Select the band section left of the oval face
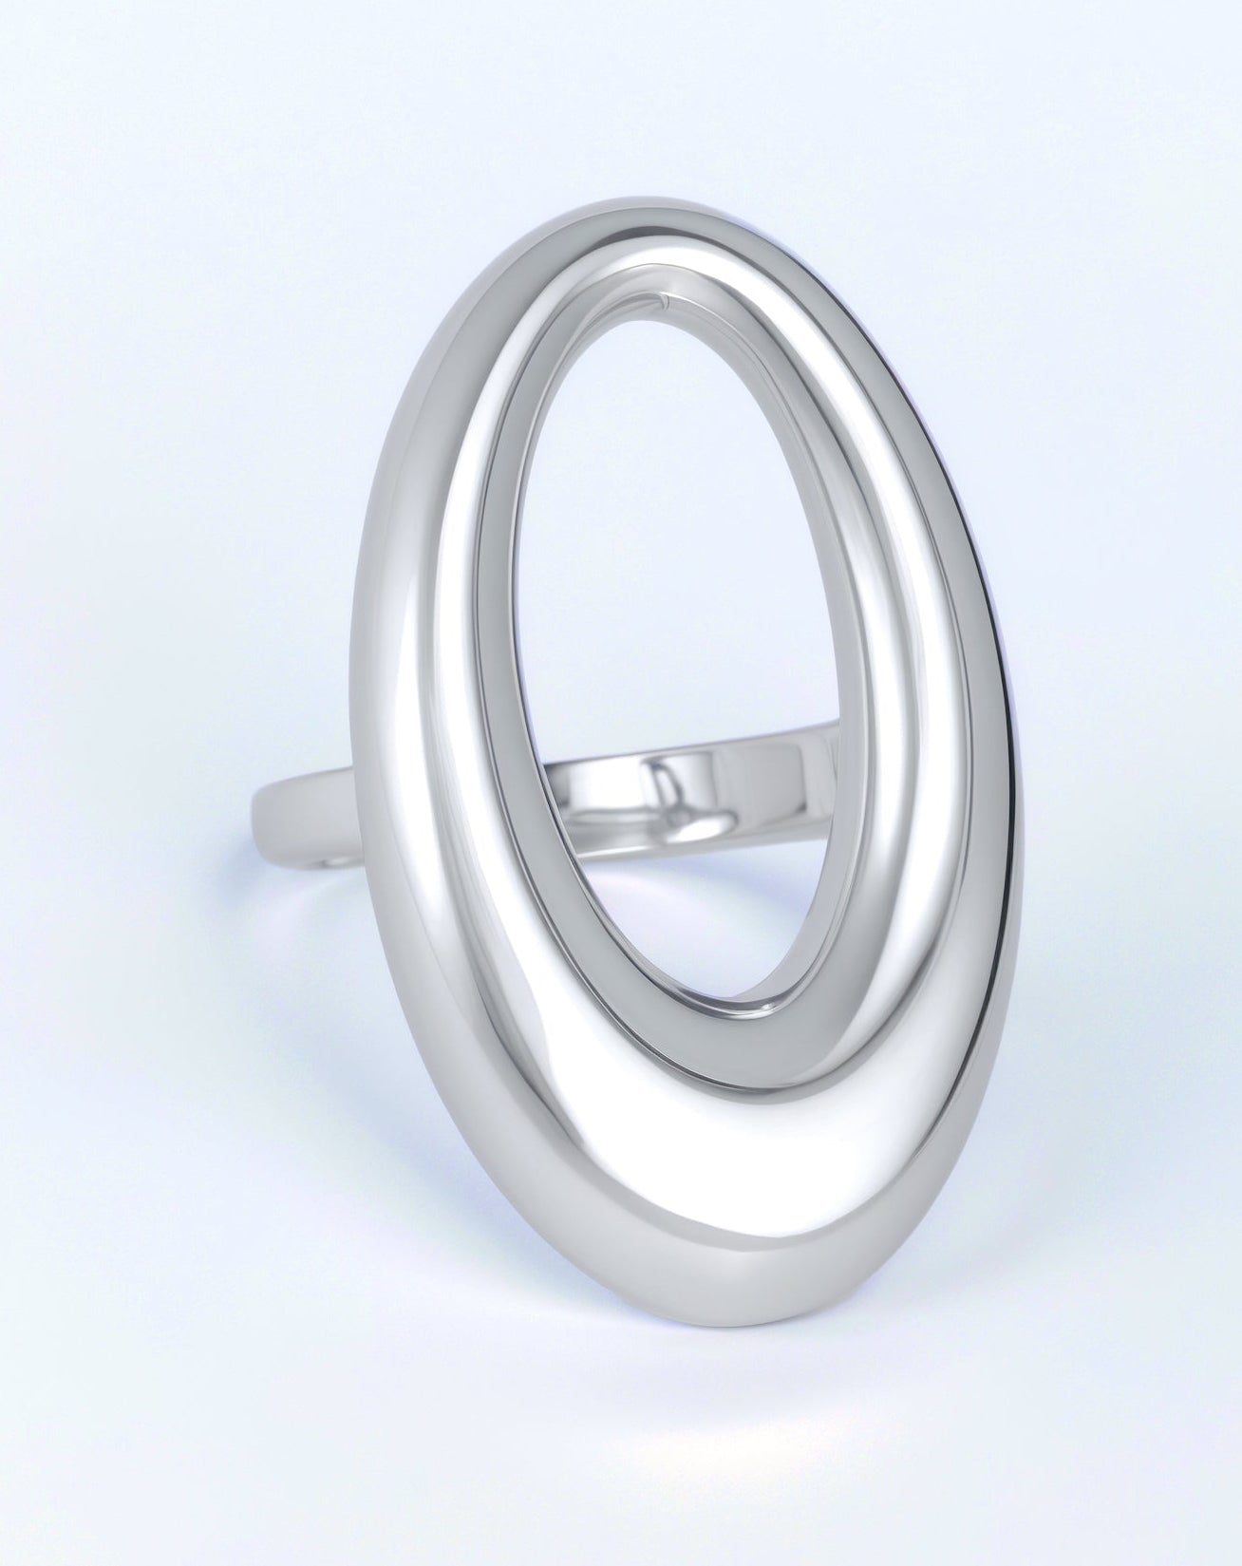(304, 807)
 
